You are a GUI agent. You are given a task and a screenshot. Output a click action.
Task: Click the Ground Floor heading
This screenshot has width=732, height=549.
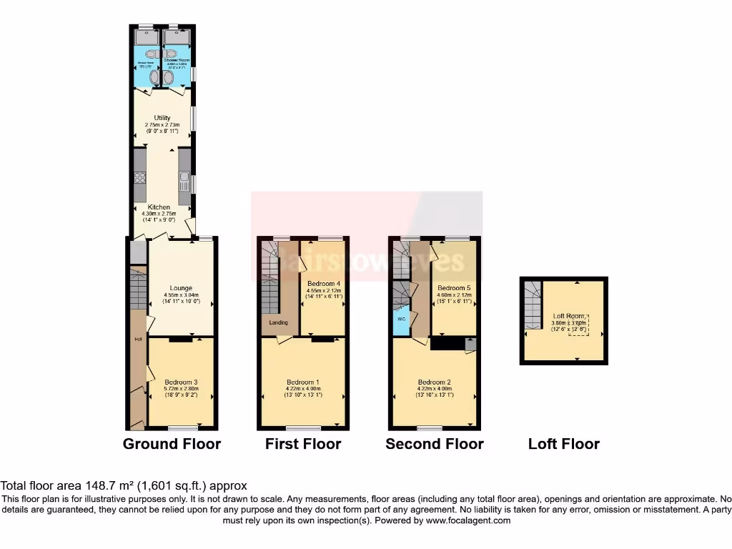click(x=172, y=444)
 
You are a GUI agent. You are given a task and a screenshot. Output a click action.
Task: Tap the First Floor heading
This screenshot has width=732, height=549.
click(x=303, y=444)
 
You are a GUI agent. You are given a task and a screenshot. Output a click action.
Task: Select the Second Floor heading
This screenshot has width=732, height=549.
click(x=435, y=444)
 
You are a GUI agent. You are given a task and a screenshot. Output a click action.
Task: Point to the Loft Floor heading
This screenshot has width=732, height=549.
click(x=564, y=444)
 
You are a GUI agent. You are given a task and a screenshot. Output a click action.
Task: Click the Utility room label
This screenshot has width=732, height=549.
click(x=162, y=117)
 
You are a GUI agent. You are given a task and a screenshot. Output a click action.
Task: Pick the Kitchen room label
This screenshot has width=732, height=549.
click(x=159, y=207)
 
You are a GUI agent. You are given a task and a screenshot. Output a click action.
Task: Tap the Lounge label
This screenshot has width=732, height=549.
click(x=180, y=289)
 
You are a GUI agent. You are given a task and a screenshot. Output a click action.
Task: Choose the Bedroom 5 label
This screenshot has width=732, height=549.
click(x=452, y=287)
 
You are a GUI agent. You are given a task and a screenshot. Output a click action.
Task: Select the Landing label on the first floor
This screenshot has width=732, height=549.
click(x=278, y=323)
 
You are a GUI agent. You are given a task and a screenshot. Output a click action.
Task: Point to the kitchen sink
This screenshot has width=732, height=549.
click(x=184, y=178)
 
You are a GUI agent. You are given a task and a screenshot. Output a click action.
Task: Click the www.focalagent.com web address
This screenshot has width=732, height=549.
click(x=468, y=521)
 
